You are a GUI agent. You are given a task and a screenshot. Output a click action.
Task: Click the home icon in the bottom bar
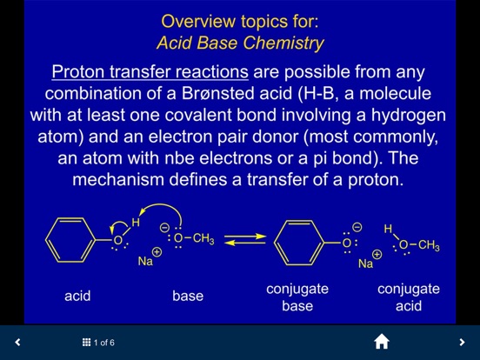click(x=382, y=342)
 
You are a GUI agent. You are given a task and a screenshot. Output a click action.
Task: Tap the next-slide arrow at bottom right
click(x=462, y=342)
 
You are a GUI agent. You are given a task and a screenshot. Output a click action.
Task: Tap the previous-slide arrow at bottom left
click(x=17, y=342)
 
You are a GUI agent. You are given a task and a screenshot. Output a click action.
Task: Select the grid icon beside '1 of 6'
click(x=86, y=343)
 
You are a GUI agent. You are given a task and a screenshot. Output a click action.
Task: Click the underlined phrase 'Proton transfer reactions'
click(x=150, y=72)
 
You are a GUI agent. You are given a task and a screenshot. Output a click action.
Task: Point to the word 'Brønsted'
click(x=217, y=93)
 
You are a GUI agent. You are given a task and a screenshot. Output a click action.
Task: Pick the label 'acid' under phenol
click(x=77, y=296)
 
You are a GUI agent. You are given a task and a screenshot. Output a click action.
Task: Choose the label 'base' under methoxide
click(x=188, y=296)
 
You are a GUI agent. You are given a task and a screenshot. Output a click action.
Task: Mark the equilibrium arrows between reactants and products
click(x=245, y=240)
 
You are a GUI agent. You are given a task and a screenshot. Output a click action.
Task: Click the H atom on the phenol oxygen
click(x=136, y=223)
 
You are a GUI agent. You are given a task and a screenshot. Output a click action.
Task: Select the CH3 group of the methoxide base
click(x=203, y=239)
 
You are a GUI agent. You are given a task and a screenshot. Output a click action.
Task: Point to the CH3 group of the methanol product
click(x=429, y=245)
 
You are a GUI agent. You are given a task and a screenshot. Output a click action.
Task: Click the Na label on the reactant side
click(x=145, y=261)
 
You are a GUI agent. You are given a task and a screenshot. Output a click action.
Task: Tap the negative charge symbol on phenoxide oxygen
click(x=357, y=227)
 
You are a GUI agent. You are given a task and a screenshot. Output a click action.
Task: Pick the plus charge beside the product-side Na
click(x=377, y=255)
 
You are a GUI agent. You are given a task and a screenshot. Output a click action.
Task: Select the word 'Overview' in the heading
click(x=198, y=22)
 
